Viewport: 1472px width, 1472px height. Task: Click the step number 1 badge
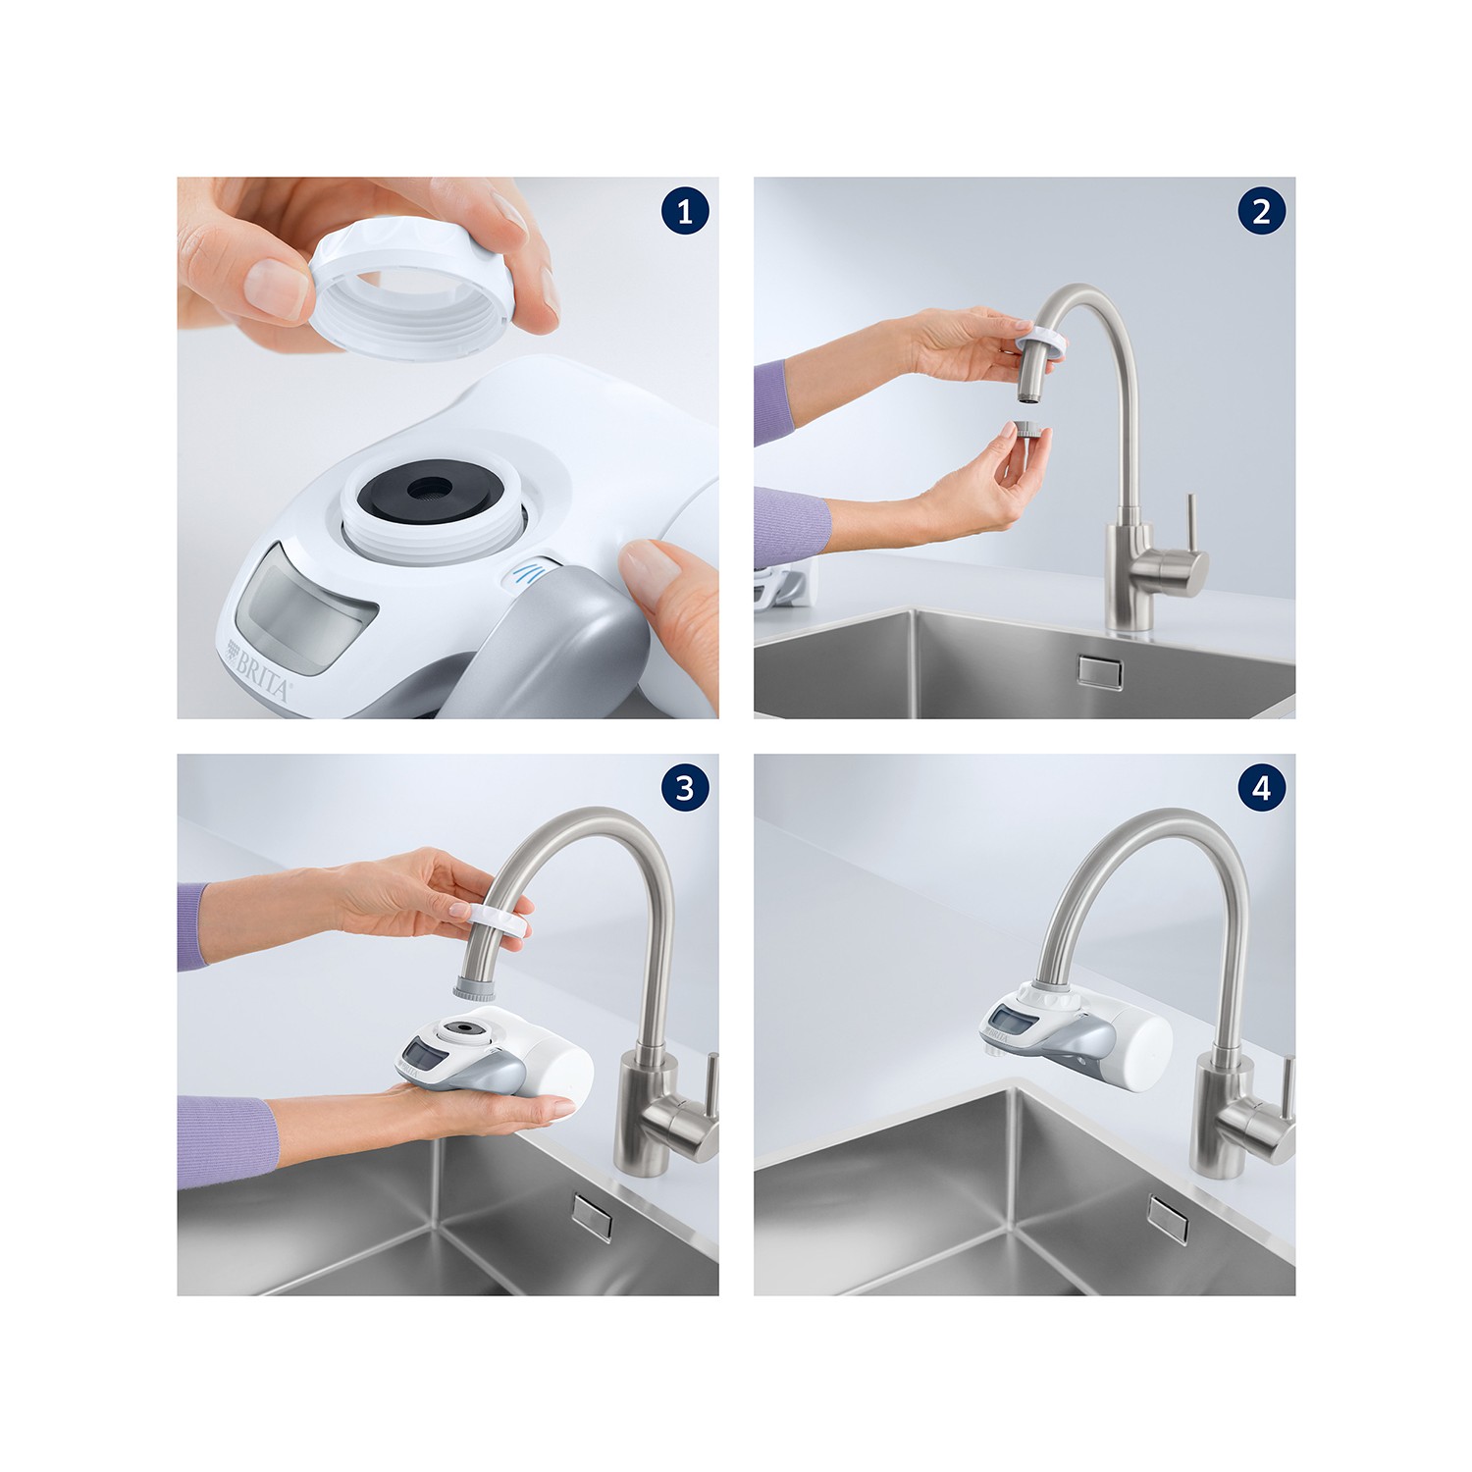tap(685, 212)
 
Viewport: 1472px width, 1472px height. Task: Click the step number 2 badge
tap(1262, 212)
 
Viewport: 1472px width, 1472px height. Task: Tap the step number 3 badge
tap(685, 789)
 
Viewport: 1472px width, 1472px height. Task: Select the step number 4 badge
tap(1262, 789)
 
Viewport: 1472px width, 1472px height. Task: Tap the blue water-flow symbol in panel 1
tap(528, 571)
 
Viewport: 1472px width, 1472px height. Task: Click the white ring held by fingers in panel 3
tap(499, 920)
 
